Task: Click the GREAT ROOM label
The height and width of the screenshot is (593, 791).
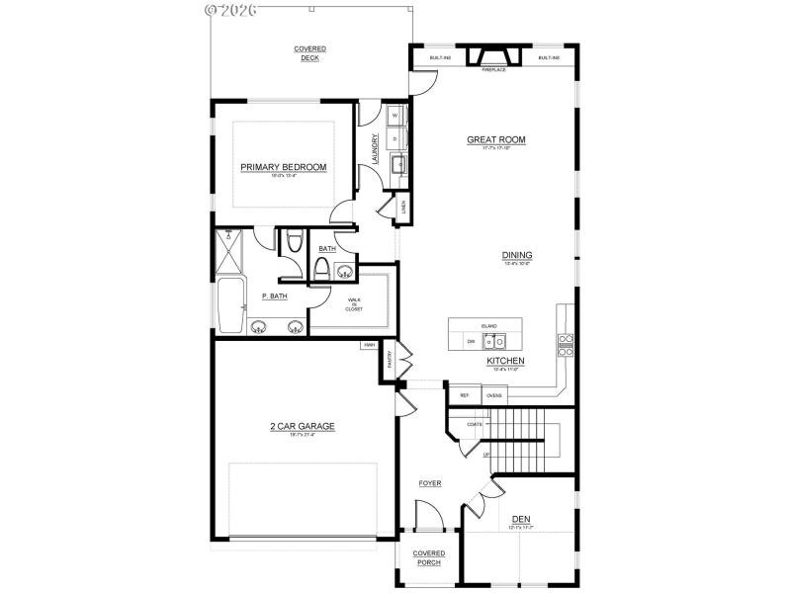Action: click(495, 140)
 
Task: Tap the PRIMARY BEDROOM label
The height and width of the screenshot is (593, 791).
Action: click(283, 167)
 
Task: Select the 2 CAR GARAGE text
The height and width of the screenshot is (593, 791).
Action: click(303, 426)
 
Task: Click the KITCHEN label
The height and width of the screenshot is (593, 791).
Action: click(504, 361)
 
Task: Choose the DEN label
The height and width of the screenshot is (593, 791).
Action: click(520, 519)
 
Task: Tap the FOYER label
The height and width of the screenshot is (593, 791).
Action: click(429, 483)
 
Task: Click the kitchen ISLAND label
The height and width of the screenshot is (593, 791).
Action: click(488, 325)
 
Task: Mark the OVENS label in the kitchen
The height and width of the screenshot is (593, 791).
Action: click(493, 395)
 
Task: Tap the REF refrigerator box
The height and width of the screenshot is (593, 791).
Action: click(464, 395)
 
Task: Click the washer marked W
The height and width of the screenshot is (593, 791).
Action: click(395, 116)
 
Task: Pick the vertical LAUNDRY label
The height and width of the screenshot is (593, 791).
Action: click(375, 148)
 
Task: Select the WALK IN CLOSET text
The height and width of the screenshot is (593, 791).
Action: click(353, 304)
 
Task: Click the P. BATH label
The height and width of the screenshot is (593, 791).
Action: click(274, 296)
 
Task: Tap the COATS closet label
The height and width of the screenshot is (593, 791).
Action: click(474, 424)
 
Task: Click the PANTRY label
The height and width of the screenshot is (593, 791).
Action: click(391, 360)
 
